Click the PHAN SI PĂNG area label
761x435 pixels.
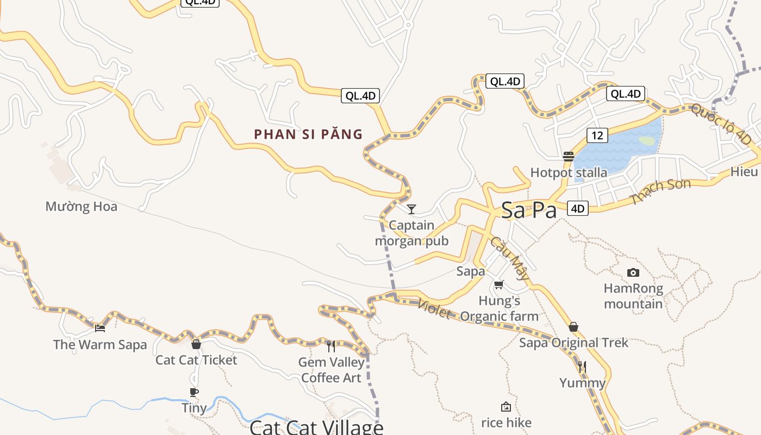click(308, 134)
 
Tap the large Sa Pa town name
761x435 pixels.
click(528, 210)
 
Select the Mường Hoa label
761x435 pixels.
click(81, 207)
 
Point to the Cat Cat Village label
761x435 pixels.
click(316, 427)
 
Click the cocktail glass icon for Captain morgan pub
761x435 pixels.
click(411, 209)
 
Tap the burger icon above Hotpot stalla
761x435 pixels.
click(569, 157)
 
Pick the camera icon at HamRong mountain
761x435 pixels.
click(633, 272)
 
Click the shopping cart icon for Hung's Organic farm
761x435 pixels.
click(499, 284)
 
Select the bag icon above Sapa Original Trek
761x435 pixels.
click(573, 327)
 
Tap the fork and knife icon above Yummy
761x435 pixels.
click(582, 367)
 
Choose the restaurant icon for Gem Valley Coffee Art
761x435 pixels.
click(331, 346)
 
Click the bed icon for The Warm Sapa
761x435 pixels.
click(100, 328)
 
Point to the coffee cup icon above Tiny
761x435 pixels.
click(194, 392)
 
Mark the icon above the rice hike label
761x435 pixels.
click(506, 407)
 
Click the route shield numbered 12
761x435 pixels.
click(597, 135)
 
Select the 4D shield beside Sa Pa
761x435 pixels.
click(577, 208)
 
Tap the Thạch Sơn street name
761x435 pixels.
click(661, 191)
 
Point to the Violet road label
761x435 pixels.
click(434, 309)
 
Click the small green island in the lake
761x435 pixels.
click(646, 141)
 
